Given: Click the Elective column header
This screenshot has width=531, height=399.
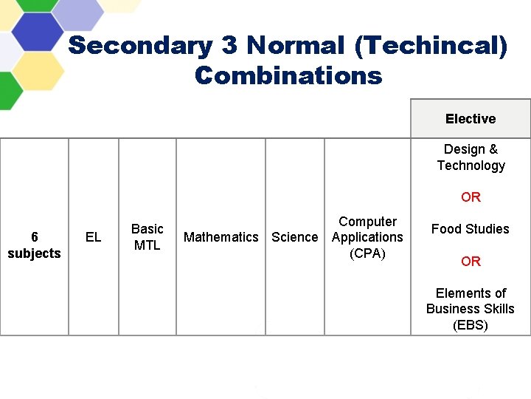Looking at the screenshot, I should pos(471,119).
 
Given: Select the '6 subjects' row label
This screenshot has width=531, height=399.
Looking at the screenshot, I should pos(34,245).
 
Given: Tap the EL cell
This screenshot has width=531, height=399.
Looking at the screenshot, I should pos(94,237).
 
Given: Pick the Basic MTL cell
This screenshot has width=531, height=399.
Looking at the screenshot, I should pos(147,237).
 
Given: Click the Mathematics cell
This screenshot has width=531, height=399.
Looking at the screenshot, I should pos(221,237).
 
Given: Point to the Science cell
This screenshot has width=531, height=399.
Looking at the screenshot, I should pos(295,237).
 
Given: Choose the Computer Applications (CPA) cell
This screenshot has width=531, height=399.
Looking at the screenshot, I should pos(367,237).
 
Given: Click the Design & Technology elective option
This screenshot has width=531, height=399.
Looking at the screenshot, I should pos(471,157).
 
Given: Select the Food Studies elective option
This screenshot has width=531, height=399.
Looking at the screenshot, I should pos(471,229).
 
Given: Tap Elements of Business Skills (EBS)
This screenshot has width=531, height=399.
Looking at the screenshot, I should pos(471,309).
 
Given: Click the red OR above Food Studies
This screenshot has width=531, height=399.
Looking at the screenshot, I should pos(471,197).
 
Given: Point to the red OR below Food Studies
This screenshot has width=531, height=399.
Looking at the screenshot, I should pos(471,262).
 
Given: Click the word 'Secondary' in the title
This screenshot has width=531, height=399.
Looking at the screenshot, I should pos(141,46).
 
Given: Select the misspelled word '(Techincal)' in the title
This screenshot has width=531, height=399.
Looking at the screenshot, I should pos(431,46).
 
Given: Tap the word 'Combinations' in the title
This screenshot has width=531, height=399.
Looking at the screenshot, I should pos(288,75).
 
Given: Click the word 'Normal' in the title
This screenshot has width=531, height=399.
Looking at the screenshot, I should pos(295,46).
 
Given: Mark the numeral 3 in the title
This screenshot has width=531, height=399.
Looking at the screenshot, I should pos(229,46).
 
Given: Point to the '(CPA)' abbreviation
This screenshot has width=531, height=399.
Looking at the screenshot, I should pos(367,253).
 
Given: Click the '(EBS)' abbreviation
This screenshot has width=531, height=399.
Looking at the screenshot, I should pos(471,325).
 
